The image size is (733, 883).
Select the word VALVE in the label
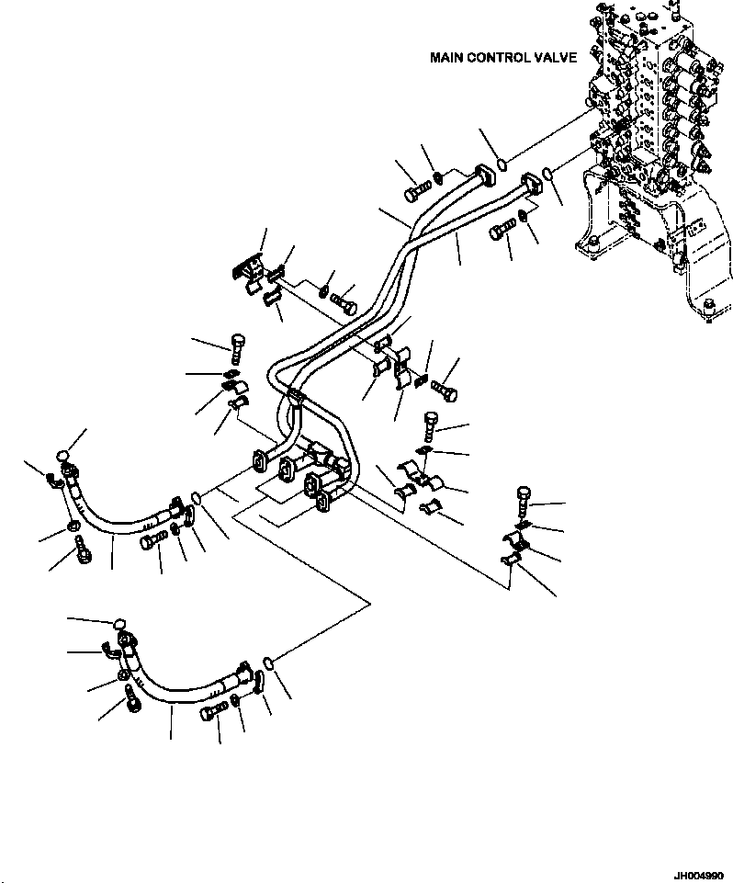pyautogui.click(x=556, y=58)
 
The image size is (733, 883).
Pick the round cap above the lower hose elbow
pyautogui.click(x=118, y=626)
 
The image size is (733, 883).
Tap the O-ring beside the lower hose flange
pyautogui.click(x=267, y=662)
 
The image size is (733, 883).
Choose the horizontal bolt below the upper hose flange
pyautogui.click(x=153, y=540)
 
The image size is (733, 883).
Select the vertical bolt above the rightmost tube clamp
pyautogui.click(x=523, y=497)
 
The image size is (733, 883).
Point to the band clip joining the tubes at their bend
pyautogui.click(x=294, y=398)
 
